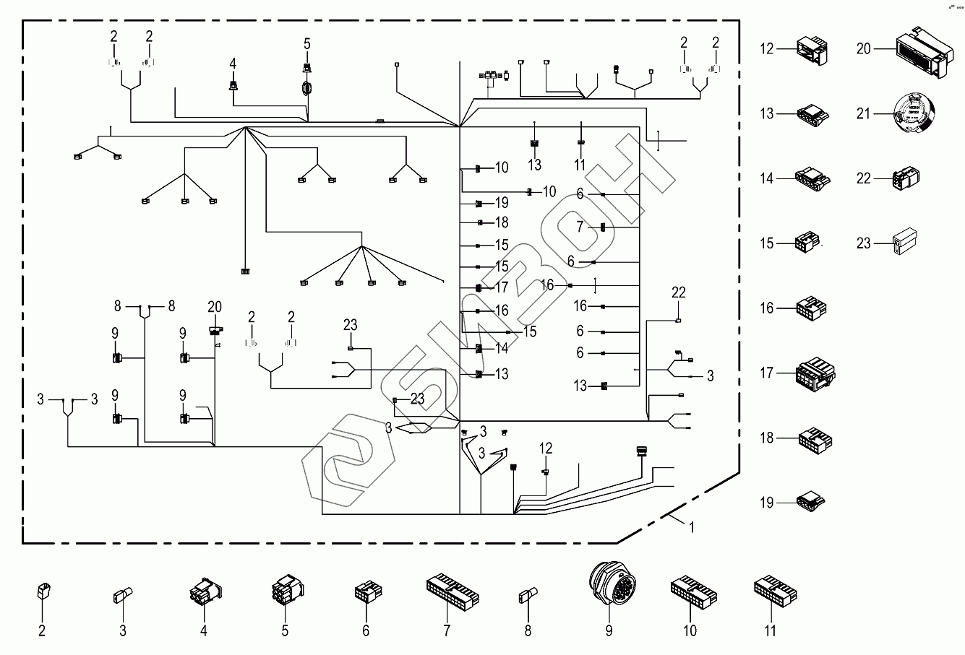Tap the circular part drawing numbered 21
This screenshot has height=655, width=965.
914,113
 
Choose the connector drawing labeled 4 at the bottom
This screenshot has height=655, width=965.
204,594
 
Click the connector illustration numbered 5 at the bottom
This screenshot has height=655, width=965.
285,594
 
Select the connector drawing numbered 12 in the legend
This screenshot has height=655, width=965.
810,48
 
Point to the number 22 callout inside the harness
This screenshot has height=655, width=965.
678,293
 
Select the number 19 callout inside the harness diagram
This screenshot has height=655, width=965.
502,203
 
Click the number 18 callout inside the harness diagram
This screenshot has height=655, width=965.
502,223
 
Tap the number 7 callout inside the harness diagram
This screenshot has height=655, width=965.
580,227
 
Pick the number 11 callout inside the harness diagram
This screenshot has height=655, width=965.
580,165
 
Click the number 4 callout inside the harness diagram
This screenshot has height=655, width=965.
233,64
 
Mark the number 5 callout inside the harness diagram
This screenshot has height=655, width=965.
306,43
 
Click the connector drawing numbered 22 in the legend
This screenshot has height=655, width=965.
907,178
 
